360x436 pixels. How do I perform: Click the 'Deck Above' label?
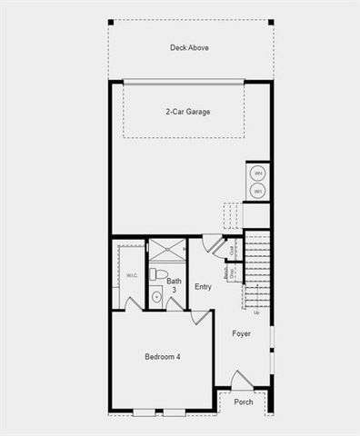pyautogui.click(x=189, y=47)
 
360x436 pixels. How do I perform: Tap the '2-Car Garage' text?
pyautogui.click(x=188, y=112)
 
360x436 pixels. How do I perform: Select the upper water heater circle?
pyautogui.click(x=257, y=173)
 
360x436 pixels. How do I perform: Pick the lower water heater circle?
pyautogui.click(x=257, y=191)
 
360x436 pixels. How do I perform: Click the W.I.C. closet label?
pyautogui.click(x=132, y=276)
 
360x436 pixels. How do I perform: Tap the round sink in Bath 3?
pyautogui.click(x=155, y=295)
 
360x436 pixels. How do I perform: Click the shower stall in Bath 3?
pyautogui.click(x=166, y=250)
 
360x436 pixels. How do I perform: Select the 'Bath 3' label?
pyautogui.click(x=174, y=286)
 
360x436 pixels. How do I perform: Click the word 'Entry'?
pyautogui.click(x=203, y=287)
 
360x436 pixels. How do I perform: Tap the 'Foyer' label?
pyautogui.click(x=241, y=333)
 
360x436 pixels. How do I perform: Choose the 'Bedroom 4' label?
pyautogui.click(x=163, y=357)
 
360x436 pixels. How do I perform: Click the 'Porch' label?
pyautogui.click(x=244, y=401)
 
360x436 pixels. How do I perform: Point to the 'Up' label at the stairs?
pyautogui.click(x=255, y=312)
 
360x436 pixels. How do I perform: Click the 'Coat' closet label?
pyautogui.click(x=233, y=250)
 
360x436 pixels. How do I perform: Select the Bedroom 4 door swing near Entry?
pyautogui.click(x=200, y=317)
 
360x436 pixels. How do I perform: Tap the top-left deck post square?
pyautogui.click(x=110, y=22)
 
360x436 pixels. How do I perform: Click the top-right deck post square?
pyautogui.click(x=270, y=22)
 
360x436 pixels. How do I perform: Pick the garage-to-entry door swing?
pyautogui.click(x=213, y=243)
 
